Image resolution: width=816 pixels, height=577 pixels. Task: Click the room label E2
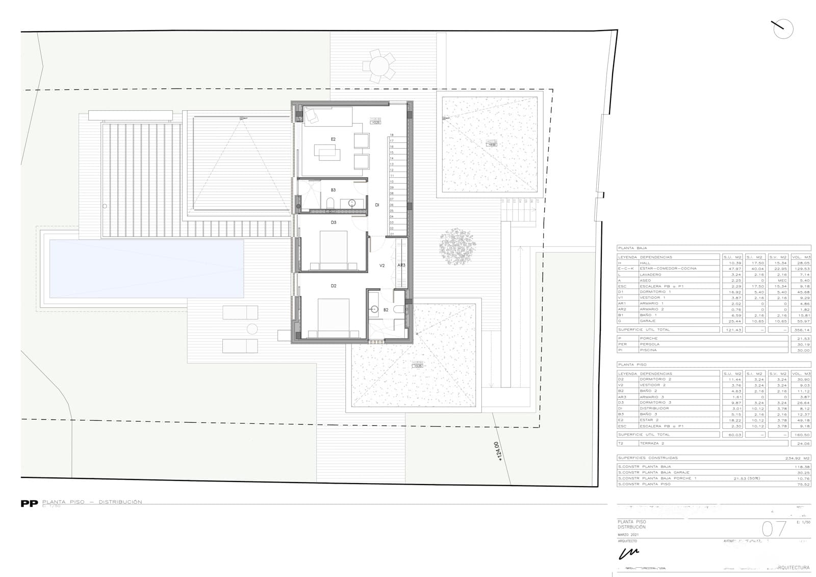pos(333,139)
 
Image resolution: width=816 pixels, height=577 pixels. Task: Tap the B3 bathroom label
pos(333,190)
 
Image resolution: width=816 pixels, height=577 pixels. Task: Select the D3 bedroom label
pos(334,222)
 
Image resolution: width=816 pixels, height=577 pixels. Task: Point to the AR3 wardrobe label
pos(401,265)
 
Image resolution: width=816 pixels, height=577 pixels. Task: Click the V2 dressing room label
pos(382,266)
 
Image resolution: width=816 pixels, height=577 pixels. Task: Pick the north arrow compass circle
pos(783,29)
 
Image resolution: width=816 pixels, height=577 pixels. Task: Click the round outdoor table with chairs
pos(379,65)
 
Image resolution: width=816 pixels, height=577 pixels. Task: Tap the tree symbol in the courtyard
pos(457,247)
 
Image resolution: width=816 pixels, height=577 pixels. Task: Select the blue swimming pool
pos(146,269)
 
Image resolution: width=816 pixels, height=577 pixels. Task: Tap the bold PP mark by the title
pos(29,503)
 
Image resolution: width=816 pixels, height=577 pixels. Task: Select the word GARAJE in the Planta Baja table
pos(648,321)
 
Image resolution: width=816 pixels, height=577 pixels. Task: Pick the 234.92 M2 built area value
pos(798,458)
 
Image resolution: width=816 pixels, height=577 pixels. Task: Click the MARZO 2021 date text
pos(628,535)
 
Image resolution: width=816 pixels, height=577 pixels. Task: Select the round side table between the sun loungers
pos(252,329)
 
